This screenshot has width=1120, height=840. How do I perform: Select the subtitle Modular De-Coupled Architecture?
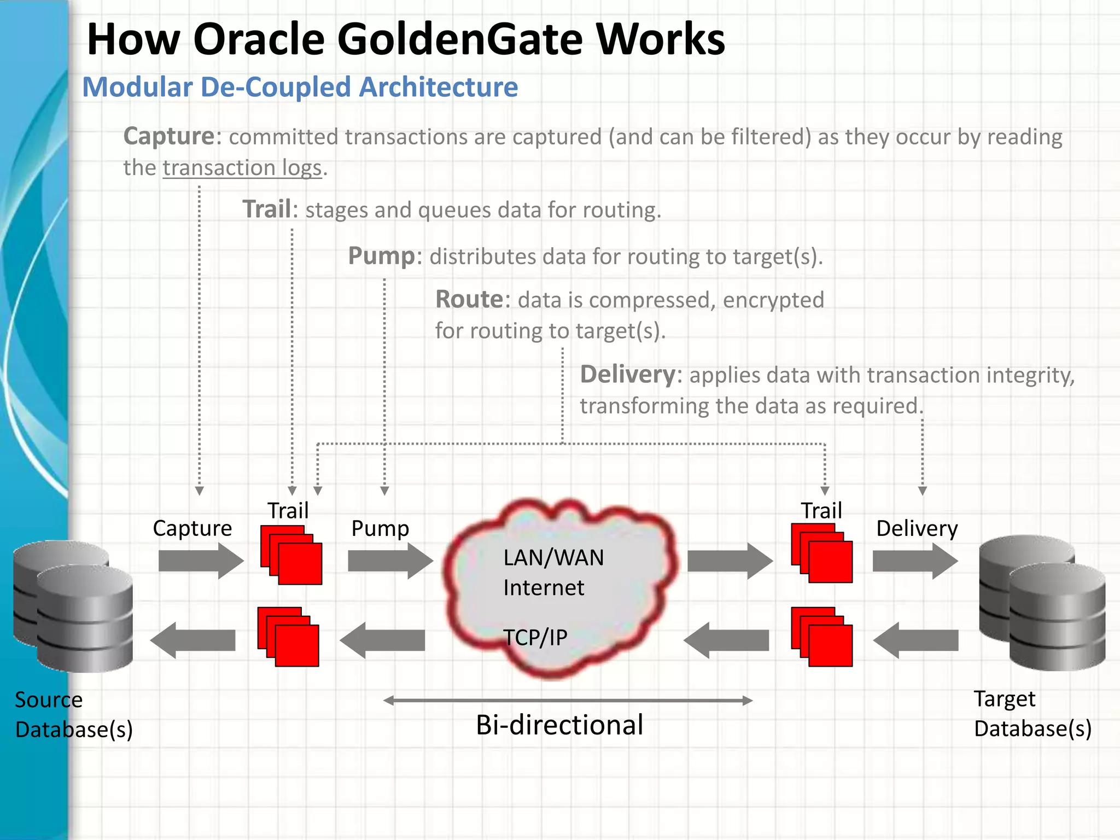300,87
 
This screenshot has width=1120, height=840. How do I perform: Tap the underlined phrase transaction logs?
242,168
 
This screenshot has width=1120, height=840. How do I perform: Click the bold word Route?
469,300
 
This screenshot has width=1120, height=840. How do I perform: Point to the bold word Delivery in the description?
627,375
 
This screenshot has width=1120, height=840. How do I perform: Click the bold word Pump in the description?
381,256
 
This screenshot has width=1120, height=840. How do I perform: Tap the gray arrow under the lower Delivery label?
915,561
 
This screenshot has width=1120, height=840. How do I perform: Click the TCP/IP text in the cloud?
535,638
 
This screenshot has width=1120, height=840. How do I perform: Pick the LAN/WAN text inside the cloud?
553,558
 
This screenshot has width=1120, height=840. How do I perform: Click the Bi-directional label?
559,725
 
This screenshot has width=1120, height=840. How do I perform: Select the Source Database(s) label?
73,714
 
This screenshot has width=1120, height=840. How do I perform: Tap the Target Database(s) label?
1032,714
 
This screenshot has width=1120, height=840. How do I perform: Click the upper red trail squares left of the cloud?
291,555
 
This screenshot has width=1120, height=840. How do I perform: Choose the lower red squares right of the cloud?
821,637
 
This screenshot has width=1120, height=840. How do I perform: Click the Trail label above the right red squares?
821,511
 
